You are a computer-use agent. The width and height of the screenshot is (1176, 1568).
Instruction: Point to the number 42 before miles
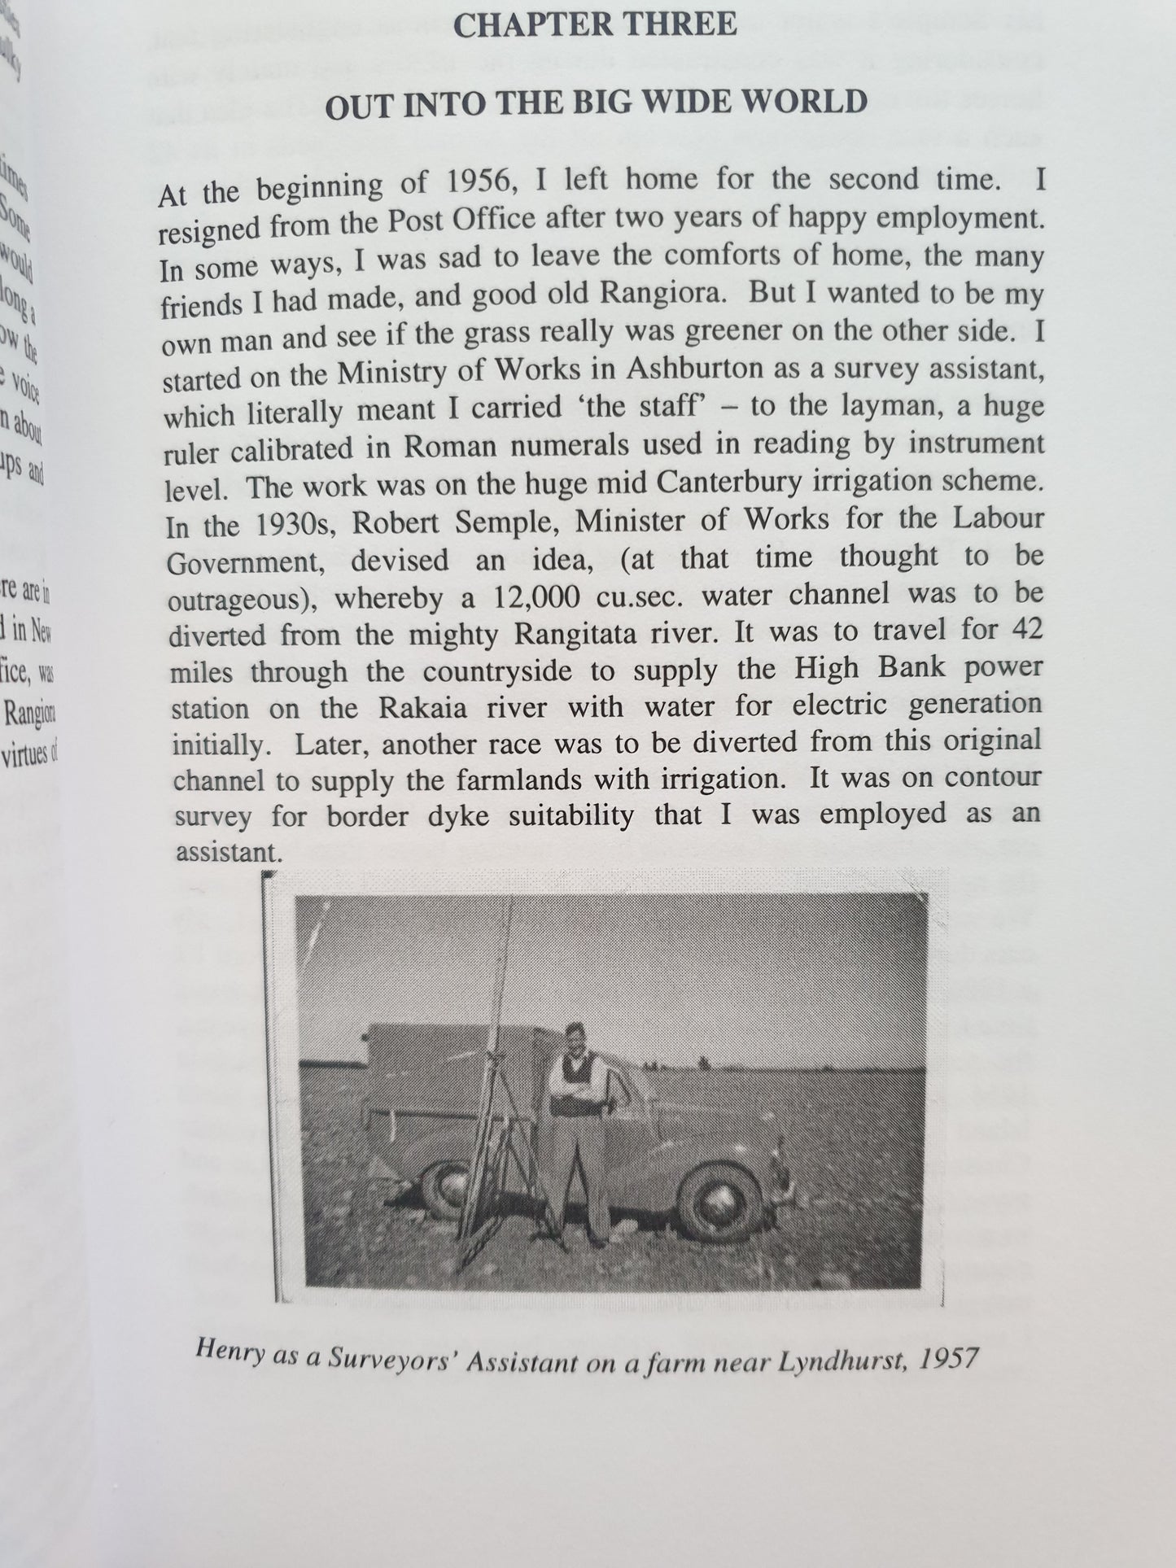[x=1024, y=629]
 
